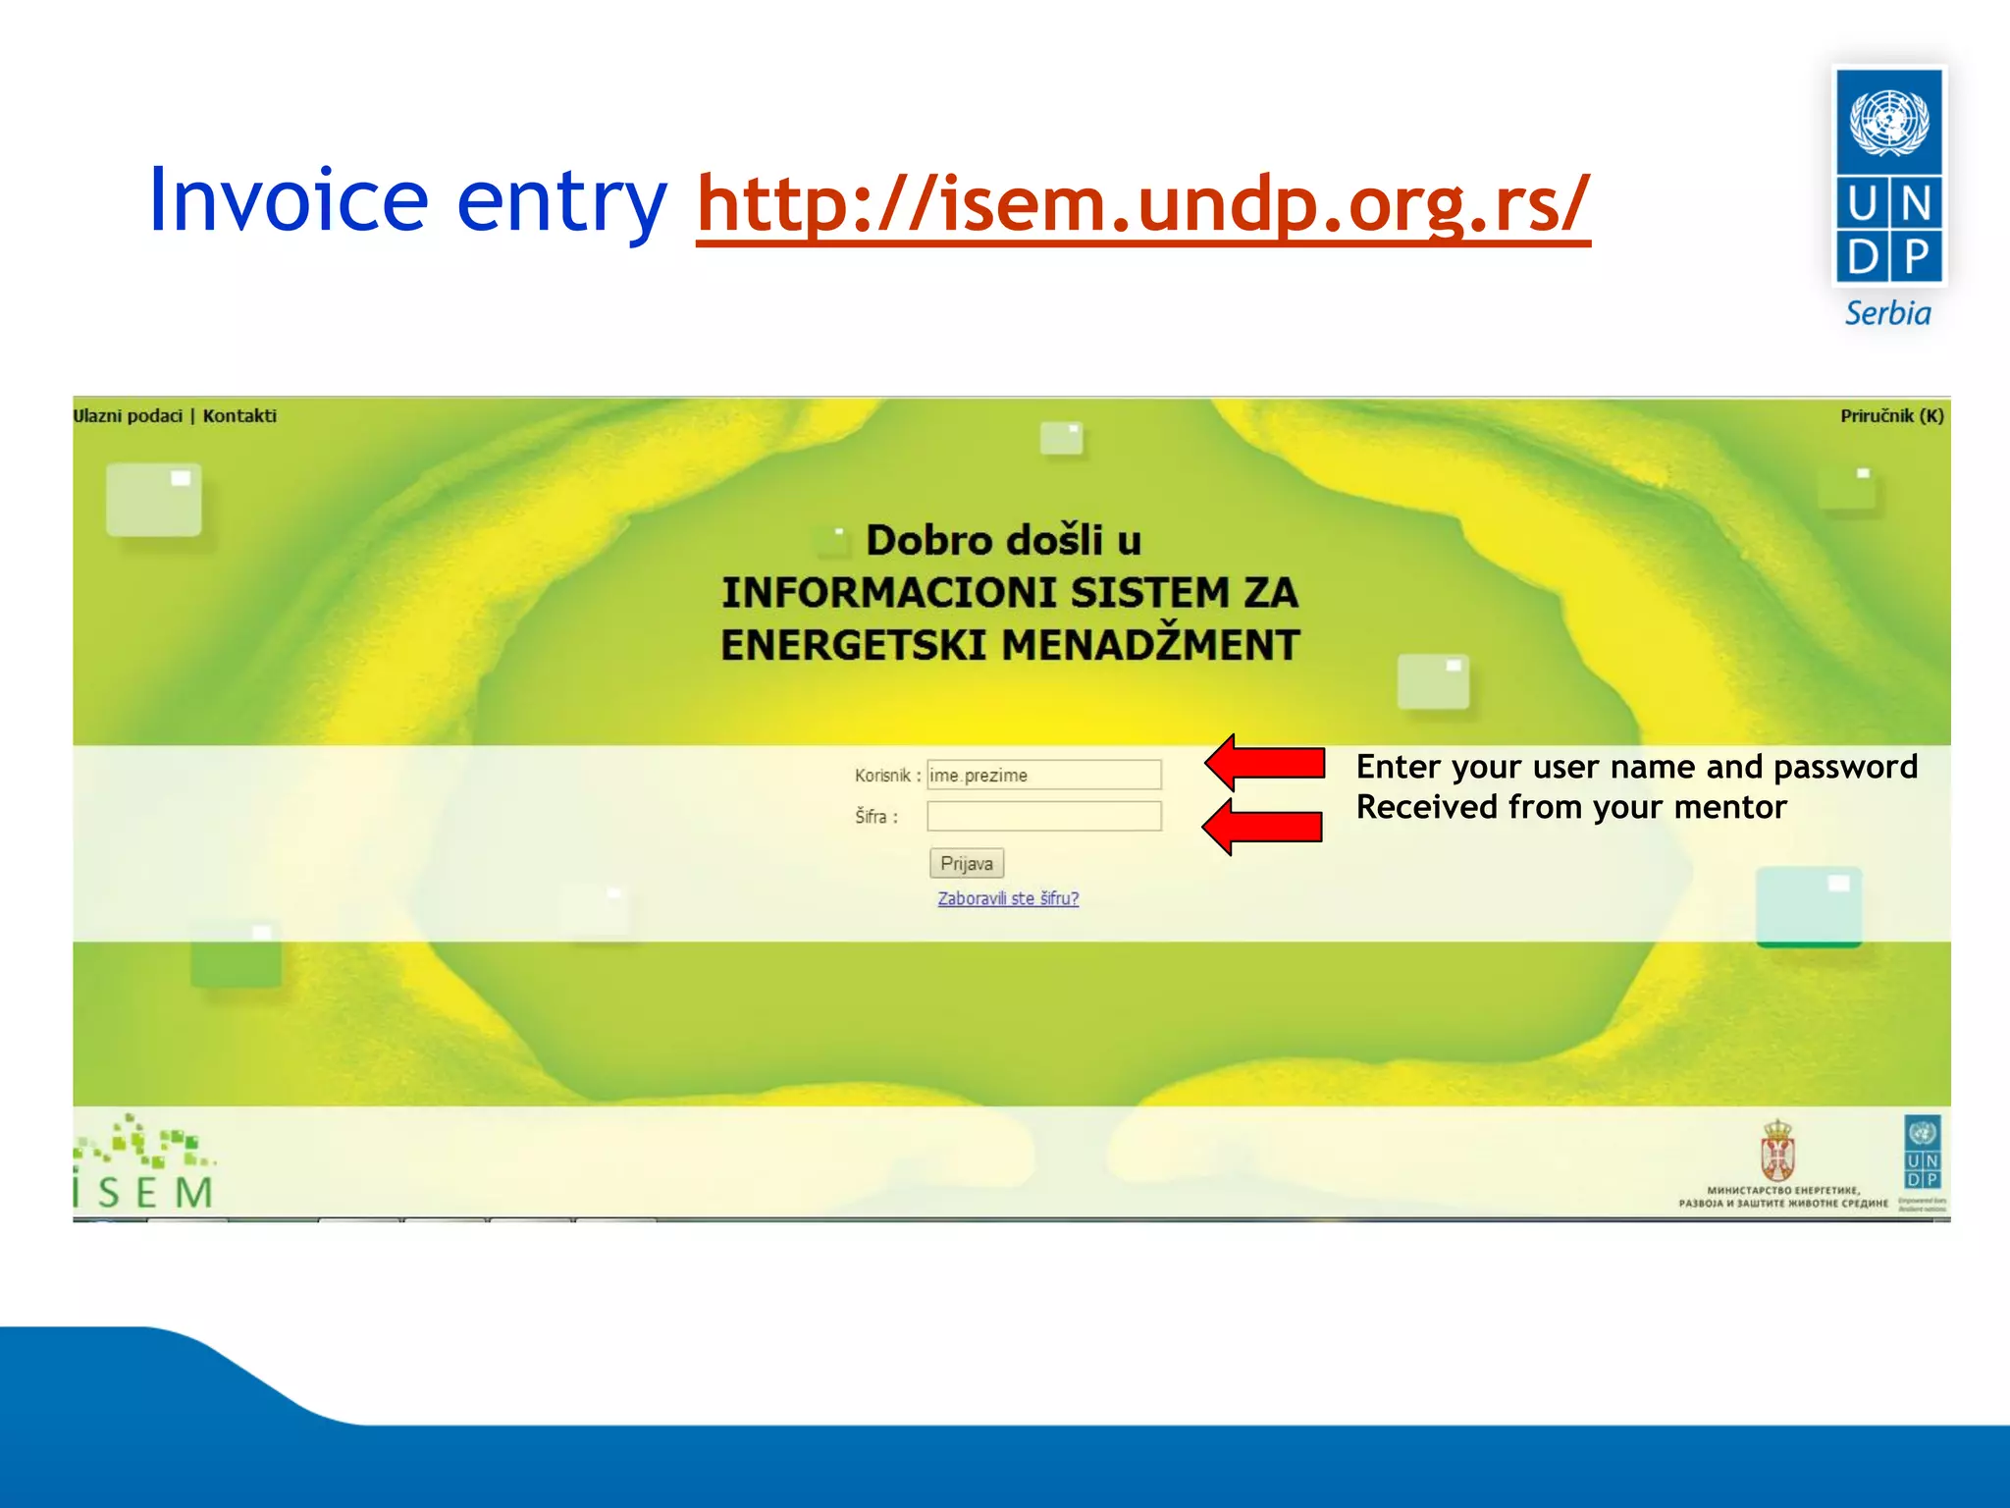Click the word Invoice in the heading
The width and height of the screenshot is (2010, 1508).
point(289,201)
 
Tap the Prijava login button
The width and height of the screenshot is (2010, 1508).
point(966,864)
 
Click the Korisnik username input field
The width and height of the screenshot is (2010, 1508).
point(1044,775)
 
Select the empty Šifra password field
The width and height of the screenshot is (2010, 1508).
point(1044,816)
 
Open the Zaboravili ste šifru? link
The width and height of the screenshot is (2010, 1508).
point(1008,898)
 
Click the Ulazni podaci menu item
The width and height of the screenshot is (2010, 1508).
point(128,416)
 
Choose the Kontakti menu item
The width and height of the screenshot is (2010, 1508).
point(239,416)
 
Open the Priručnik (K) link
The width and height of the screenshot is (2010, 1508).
point(1891,416)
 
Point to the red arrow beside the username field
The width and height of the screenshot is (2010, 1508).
point(1265,763)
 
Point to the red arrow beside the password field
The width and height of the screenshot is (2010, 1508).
point(1263,827)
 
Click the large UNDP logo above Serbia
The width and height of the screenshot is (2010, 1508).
point(1889,177)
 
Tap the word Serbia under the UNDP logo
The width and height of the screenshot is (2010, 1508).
point(1887,314)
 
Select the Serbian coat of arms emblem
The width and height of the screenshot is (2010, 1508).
point(1777,1151)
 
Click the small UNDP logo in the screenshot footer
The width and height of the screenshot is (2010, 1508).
point(1922,1154)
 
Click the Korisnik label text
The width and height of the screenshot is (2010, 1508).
point(882,776)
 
